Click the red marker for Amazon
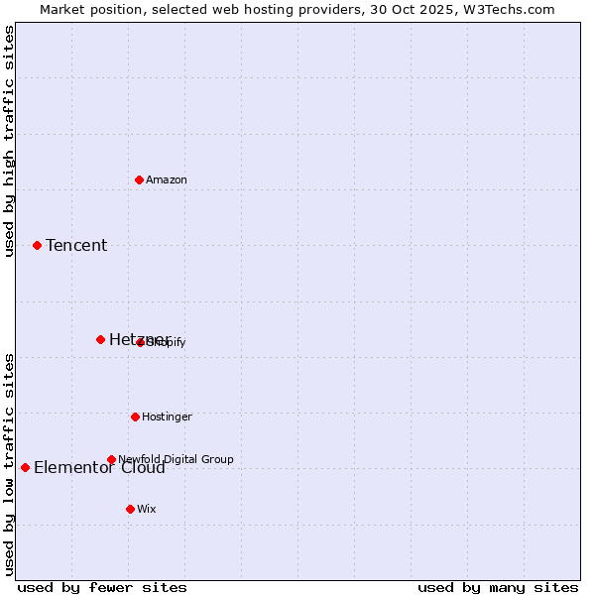[x=139, y=179]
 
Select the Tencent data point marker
[x=37, y=245]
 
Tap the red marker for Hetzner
[x=100, y=339]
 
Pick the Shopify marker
[x=141, y=342]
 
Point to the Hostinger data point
[x=135, y=416]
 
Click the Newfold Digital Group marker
[x=111, y=459]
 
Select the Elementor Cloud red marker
[x=25, y=467]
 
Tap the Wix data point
[x=130, y=509]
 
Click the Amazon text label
[x=167, y=179]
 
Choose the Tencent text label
[x=76, y=245]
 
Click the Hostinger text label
[x=167, y=416]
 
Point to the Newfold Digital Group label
[x=176, y=459]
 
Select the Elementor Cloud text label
[x=99, y=468]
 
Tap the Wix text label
[x=147, y=509]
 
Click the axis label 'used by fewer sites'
[x=102, y=587]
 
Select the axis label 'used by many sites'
[x=498, y=587]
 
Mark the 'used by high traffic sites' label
[x=10, y=141]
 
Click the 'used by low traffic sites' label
[x=10, y=463]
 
